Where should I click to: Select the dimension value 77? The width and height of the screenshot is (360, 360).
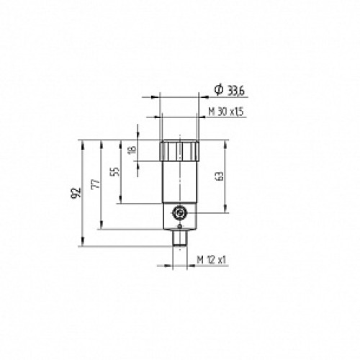[95, 185]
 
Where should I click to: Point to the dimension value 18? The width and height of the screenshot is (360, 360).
[131, 150]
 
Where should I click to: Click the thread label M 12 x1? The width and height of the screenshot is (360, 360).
[212, 258]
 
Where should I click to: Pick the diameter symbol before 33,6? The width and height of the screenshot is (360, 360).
[217, 89]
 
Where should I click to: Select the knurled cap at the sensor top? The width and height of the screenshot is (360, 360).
[177, 150]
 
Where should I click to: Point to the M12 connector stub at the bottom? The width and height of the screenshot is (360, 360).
[177, 239]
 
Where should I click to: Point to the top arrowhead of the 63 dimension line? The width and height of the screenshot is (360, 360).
[227, 142]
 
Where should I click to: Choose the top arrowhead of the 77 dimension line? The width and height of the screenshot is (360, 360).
[103, 142]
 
